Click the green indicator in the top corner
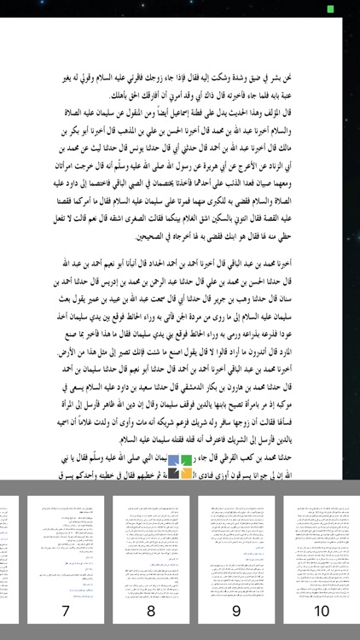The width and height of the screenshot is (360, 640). click(330, 9)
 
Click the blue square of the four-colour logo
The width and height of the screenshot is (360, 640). click(173, 460)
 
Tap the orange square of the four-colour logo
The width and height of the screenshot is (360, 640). click(186, 472)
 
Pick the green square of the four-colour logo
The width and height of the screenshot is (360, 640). click(186, 460)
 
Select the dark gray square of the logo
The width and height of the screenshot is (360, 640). click(173, 472)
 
